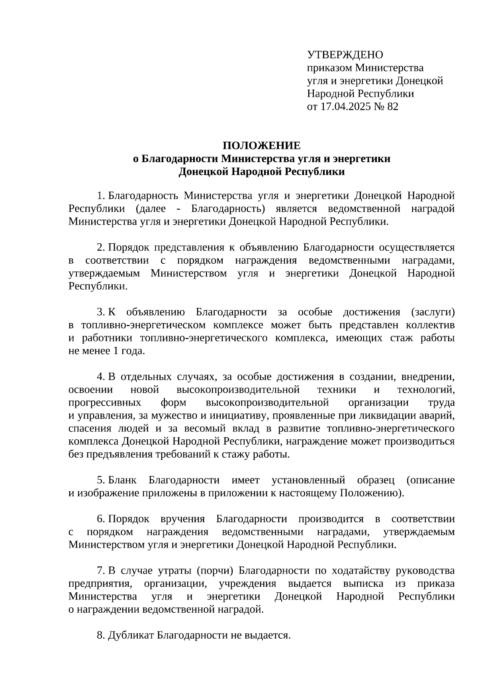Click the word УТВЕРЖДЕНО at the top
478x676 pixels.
point(345,55)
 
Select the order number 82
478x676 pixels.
point(392,107)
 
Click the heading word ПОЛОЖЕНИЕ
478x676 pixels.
point(261,145)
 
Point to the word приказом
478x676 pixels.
point(329,68)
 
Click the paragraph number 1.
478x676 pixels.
point(100,196)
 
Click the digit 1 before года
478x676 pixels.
point(116,351)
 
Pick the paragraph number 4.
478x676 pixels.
point(100,377)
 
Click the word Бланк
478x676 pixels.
point(122,480)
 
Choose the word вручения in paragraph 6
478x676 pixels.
point(182,519)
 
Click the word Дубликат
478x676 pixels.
point(131,635)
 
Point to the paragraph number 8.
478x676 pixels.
point(100,635)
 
